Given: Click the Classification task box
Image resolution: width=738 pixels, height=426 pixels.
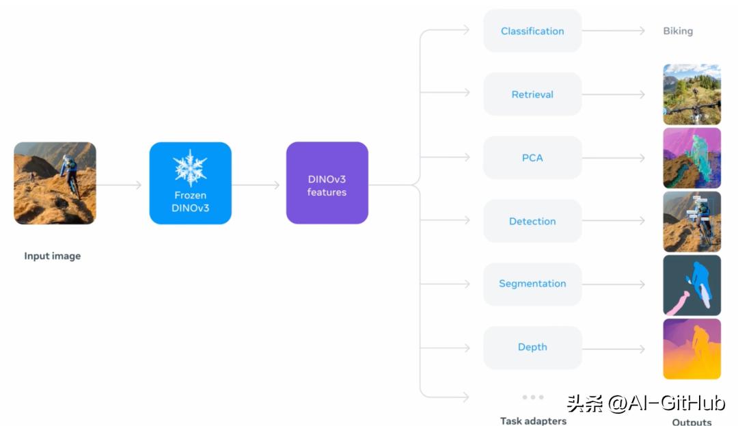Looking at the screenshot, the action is [x=532, y=31].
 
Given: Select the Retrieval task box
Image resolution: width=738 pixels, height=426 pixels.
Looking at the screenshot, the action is [x=532, y=94].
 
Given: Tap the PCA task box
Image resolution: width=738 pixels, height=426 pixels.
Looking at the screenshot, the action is [x=532, y=158].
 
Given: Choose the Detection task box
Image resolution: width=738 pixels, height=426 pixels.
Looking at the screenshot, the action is [x=532, y=221].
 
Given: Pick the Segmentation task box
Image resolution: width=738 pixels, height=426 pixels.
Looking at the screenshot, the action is [x=532, y=284].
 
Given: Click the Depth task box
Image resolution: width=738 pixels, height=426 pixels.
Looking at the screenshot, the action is [x=532, y=347].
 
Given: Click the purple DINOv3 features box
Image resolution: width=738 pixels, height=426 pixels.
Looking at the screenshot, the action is [x=327, y=183].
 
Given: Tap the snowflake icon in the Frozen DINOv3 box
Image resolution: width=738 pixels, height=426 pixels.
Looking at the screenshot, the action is [x=190, y=168].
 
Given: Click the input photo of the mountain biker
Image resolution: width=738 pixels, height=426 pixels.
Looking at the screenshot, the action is [x=55, y=183].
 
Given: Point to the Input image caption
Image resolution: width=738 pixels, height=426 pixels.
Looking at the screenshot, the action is [x=52, y=256].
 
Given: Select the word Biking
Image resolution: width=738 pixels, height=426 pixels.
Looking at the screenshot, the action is [x=678, y=31].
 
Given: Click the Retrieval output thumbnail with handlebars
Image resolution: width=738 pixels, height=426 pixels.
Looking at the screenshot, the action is [x=692, y=94].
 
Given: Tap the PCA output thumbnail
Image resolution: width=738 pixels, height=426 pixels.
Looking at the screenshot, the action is [x=692, y=158].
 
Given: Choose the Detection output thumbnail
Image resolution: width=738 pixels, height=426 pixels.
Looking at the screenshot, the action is [x=692, y=222].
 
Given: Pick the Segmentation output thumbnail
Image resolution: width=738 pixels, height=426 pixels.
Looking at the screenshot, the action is [x=692, y=285].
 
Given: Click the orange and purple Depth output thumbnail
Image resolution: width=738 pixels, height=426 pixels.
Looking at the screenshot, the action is [x=692, y=349].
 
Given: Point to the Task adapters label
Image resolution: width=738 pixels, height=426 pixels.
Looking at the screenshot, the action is [x=533, y=421].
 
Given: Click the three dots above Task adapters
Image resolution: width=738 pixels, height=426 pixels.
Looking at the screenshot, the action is [x=533, y=397].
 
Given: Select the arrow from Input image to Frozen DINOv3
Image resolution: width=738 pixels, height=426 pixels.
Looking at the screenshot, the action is [x=119, y=185].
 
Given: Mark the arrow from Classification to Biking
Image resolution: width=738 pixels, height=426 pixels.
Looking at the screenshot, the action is [x=613, y=31].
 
